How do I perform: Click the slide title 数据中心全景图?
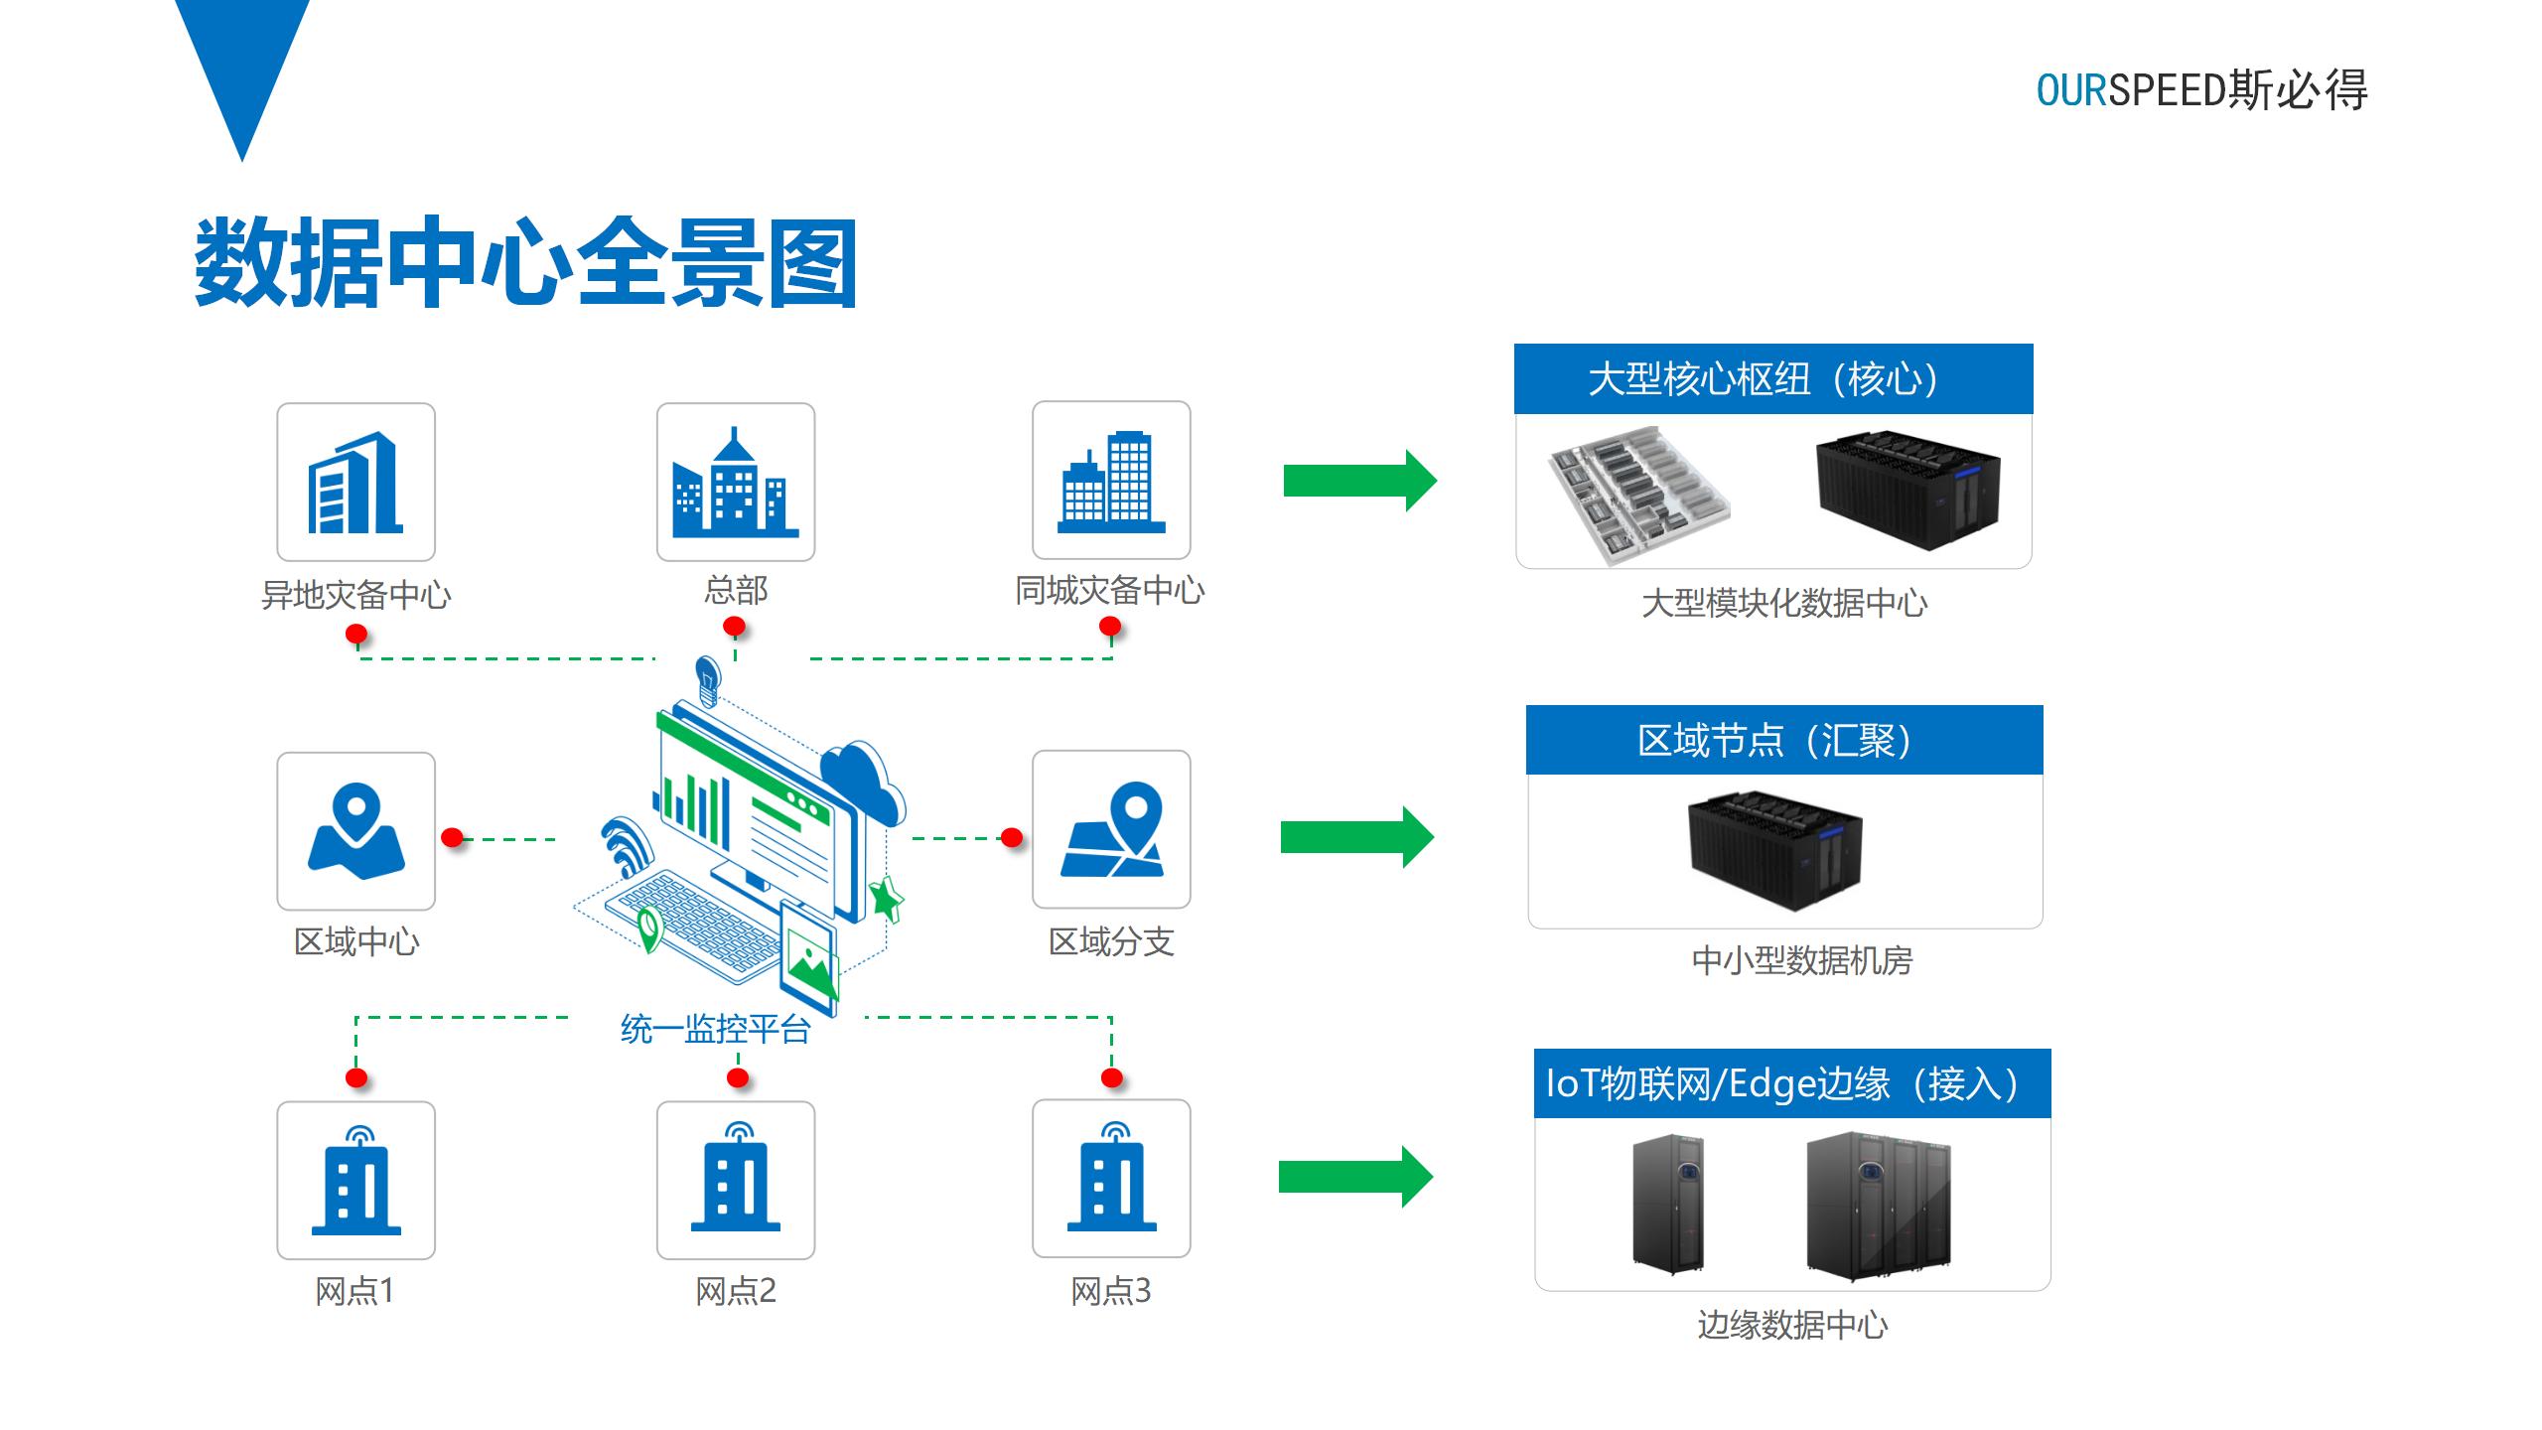[526, 263]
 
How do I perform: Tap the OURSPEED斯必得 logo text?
[2201, 90]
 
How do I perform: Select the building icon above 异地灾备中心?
[355, 483]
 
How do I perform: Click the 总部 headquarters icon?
[735, 483]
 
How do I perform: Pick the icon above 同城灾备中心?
[1111, 481]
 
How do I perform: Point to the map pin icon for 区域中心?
[355, 831]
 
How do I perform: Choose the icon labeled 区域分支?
[1111, 829]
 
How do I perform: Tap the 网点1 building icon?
[355, 1180]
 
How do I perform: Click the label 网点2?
[735, 1291]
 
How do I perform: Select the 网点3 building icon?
[1111, 1179]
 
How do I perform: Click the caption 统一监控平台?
[715, 1030]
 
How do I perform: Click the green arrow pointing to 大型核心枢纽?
[1359, 481]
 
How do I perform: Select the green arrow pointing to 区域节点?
[1356, 837]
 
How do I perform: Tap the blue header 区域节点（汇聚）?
[1783, 741]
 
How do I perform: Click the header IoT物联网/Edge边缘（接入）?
[1791, 1083]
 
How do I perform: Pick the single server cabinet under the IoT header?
[1668, 1204]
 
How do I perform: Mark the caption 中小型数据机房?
[1801, 961]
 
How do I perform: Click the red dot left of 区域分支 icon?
[1012, 838]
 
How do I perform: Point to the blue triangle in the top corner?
[242, 60]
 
